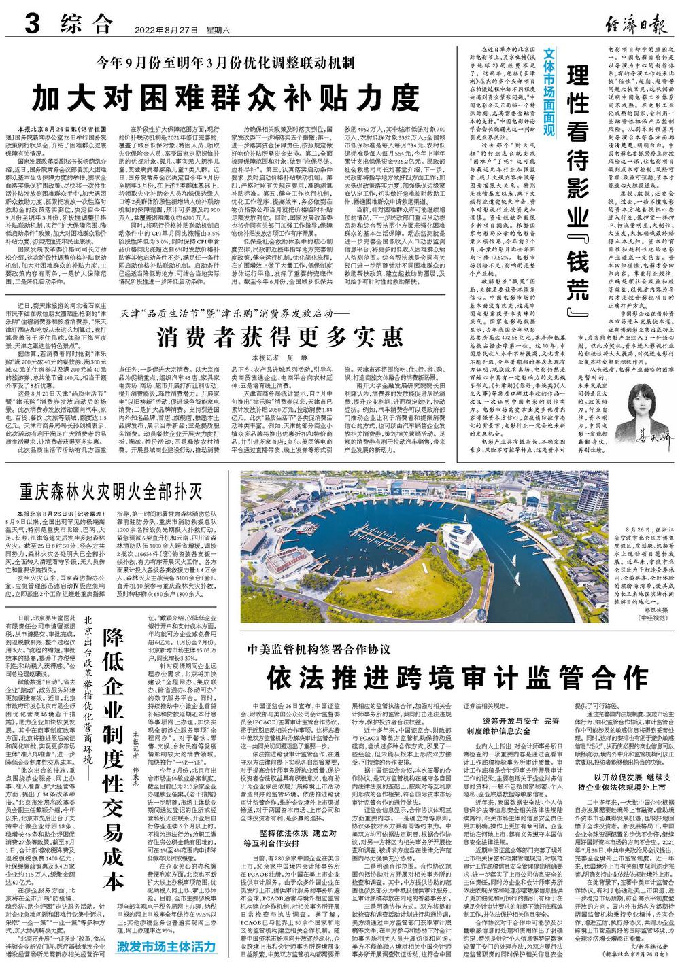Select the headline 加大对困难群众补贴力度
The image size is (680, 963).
tap(226, 97)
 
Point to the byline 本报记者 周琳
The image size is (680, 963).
tap(272, 356)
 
